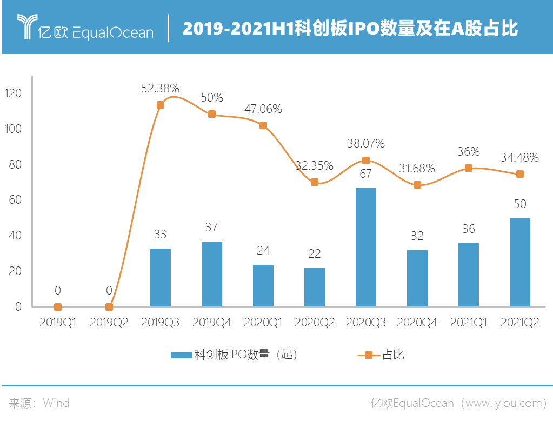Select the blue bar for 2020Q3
pos(366,247)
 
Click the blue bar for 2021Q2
pos(519,262)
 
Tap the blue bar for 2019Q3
pos(161,277)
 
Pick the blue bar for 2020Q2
pos(314,287)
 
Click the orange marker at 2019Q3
pos(161,105)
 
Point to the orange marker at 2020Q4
pos(417,185)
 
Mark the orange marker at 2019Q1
pos(58,307)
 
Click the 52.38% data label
pos(160,88)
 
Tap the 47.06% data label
pos(263,109)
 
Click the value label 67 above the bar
pos(366,173)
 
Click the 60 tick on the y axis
pos(16,200)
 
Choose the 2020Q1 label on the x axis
pos(263,323)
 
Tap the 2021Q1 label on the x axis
pos(468,323)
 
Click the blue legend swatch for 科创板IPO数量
pos(181,355)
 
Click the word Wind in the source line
pos(56,403)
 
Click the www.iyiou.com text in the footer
pos(502,403)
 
